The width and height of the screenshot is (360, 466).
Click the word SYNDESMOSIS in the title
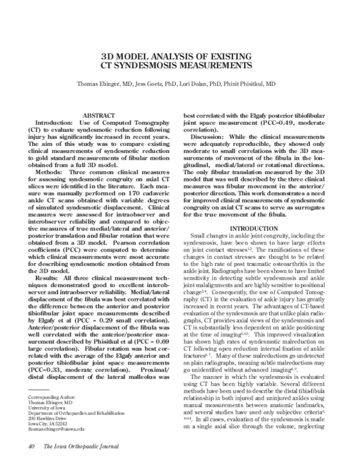[x=155, y=65]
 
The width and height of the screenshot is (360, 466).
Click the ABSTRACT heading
[x=99, y=113]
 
